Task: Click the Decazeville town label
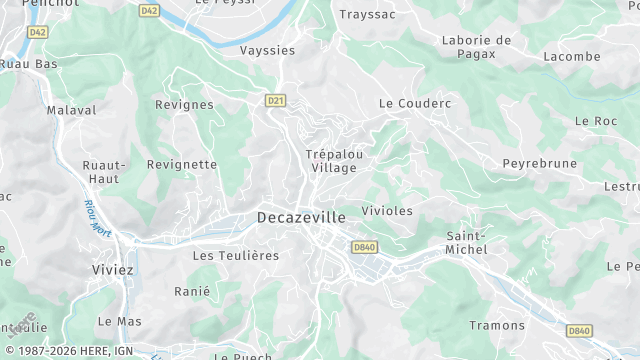pos(301,217)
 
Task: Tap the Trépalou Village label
pos(333,161)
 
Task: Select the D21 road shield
pos(276,100)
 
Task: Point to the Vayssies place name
pos(268,50)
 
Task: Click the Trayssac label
pos(369,15)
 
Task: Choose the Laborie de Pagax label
pos(476,47)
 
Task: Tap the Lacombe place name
pos(572,56)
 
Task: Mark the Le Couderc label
pos(415,103)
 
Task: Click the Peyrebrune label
pos(541,163)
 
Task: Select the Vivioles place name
pos(387,211)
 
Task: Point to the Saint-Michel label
pos(466,242)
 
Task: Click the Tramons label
pos(497,325)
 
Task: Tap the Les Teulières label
pos(235,256)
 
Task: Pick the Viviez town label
pos(112,270)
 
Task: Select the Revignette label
pos(182,164)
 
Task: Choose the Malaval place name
pos(71,110)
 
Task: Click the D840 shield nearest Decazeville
pos(364,247)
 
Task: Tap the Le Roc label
pos(596,120)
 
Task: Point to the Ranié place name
pos(192,291)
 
